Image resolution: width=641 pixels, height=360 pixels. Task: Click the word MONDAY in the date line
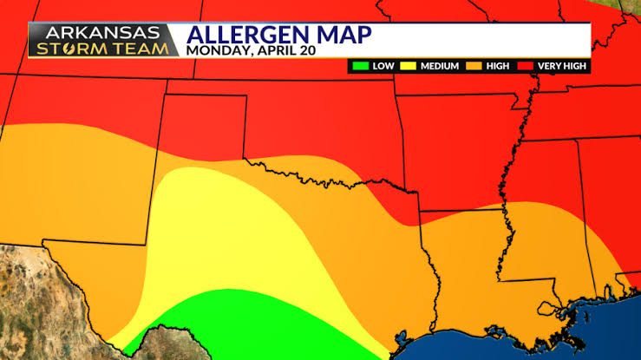tap(217, 50)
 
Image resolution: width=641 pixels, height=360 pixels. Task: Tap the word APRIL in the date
tap(278, 50)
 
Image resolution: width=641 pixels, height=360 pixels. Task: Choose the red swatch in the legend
tap(526, 66)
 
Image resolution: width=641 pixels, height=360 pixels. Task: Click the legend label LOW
tap(383, 66)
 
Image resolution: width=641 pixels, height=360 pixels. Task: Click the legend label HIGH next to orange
tap(499, 66)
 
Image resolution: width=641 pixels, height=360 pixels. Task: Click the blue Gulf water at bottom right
tap(555, 338)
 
